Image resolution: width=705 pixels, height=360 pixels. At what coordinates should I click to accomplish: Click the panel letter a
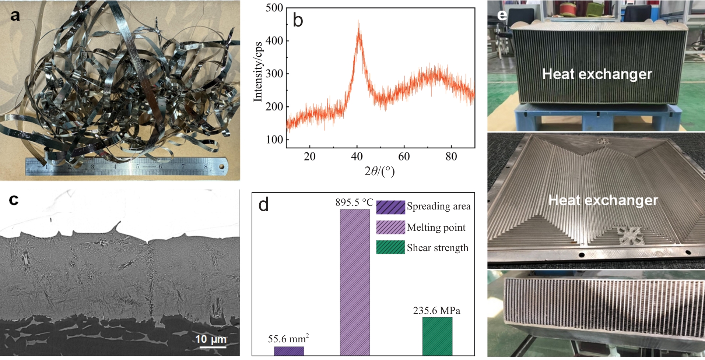pyautogui.click(x=15, y=16)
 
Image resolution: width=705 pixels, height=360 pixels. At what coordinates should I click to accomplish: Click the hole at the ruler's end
pyautogui.click(x=221, y=166)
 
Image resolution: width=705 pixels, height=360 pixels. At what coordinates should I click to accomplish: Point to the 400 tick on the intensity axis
pyautogui.click(x=274, y=41)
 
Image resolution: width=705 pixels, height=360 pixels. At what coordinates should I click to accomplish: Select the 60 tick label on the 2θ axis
pyautogui.click(x=404, y=157)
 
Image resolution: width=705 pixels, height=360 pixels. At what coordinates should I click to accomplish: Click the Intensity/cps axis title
pyautogui.click(x=258, y=71)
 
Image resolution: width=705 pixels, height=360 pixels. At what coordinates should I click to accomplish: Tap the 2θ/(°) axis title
pyautogui.click(x=379, y=171)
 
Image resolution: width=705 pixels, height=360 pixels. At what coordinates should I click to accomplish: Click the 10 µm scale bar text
pyautogui.click(x=211, y=339)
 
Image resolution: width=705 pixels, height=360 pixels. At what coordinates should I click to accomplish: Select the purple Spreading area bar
pyautogui.click(x=289, y=351)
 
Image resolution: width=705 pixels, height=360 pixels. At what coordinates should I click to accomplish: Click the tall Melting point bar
pyautogui.click(x=355, y=282)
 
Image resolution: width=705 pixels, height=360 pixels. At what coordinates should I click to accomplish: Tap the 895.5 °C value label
pyautogui.click(x=354, y=202)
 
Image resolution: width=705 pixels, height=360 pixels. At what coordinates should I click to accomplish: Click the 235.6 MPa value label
pyautogui.click(x=436, y=311)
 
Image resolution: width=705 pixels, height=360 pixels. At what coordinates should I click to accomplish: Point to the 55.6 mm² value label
pyautogui.click(x=288, y=339)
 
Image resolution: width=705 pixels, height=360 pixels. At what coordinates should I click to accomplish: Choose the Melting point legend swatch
pyautogui.click(x=390, y=227)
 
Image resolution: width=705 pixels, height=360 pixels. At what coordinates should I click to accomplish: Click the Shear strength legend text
pyautogui.click(x=438, y=248)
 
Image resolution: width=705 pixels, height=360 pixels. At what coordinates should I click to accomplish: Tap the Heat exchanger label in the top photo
pyautogui.click(x=597, y=74)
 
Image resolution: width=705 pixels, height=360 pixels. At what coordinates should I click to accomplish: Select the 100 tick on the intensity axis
pyautogui.click(x=274, y=140)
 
